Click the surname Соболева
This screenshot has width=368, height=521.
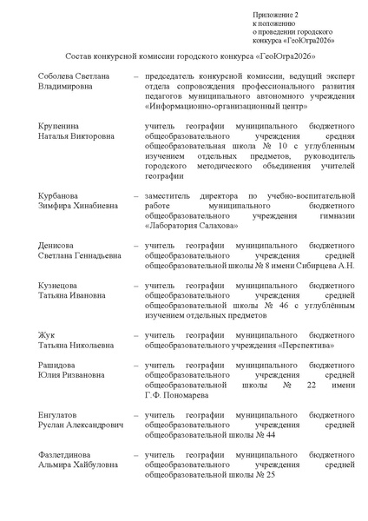click(x=56, y=77)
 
